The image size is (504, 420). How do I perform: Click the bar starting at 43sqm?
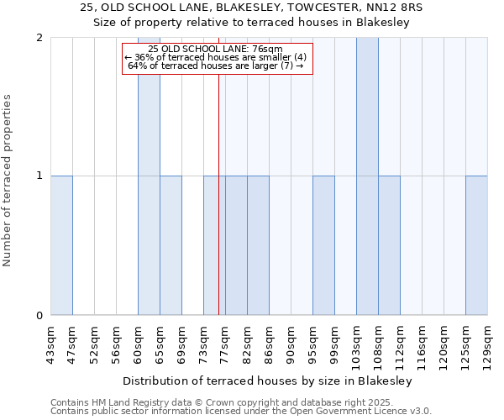coord(61,245)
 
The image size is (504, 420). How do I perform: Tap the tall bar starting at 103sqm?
coord(367,176)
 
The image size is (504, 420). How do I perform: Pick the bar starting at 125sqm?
coord(476,245)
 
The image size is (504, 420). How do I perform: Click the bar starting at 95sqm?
coord(323,245)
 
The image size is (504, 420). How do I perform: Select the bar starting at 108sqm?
coord(389,245)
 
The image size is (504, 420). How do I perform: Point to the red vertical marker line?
coord(218,210)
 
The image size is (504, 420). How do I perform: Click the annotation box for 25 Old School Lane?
coord(217,59)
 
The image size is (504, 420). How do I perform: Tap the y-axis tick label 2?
coord(39,38)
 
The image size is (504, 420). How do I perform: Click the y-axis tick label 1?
coord(39,176)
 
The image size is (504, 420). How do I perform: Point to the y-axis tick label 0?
coord(39,316)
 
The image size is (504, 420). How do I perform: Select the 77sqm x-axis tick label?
coord(225,344)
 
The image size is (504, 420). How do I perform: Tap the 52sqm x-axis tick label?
coord(94,344)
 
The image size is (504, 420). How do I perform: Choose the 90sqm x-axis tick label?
coord(291,344)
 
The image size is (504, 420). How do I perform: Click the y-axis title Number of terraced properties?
coord(8,181)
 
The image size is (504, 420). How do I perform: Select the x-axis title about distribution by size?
coord(268,381)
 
